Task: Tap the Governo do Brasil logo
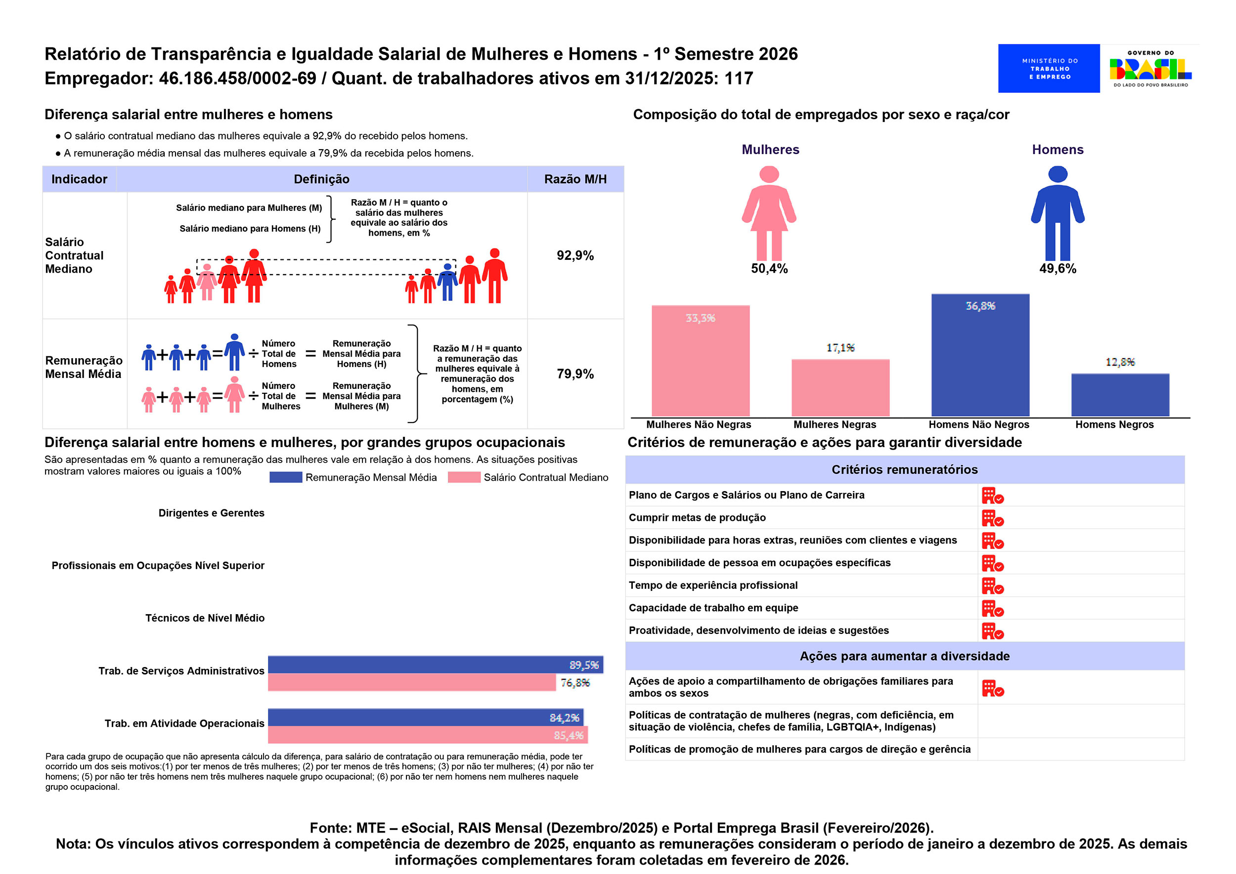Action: click(1150, 68)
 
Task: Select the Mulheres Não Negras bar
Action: click(700, 361)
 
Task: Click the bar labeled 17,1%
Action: click(840, 387)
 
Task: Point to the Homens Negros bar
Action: click(1120, 394)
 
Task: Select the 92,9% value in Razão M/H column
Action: click(574, 255)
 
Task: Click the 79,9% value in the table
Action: click(574, 374)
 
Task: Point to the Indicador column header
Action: click(79, 179)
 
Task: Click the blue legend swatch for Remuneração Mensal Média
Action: click(285, 477)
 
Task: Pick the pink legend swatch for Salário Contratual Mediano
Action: click(464, 477)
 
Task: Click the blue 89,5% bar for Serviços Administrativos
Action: click(435, 665)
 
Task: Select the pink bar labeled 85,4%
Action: click(428, 735)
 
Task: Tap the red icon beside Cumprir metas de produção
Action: click(992, 518)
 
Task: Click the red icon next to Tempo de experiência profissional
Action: click(992, 586)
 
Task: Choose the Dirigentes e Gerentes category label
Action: click(211, 513)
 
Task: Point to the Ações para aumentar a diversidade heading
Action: click(904, 656)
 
